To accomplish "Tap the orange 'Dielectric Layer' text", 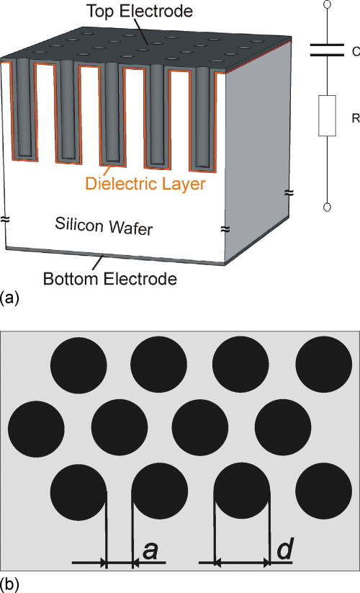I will click(145, 184).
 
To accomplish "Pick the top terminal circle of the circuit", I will click(327, 4).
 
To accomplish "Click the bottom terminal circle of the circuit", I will click(327, 208).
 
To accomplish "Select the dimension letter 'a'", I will click(150, 550).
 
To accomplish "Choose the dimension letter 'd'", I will click(284, 550).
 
